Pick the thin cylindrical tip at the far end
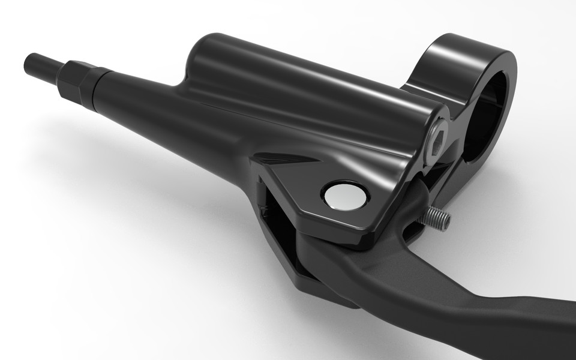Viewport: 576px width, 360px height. (x=42, y=64)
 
